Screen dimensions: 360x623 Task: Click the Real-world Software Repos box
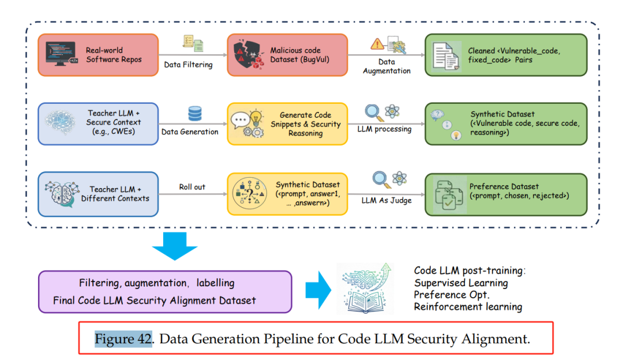click(x=98, y=55)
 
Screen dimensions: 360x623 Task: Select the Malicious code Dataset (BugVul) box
click(x=287, y=55)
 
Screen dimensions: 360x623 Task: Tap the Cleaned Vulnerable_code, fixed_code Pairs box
click(x=505, y=55)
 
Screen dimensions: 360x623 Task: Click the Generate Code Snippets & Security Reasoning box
click(x=287, y=124)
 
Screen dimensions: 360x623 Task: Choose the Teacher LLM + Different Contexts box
click(x=98, y=194)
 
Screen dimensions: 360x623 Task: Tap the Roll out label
click(x=192, y=187)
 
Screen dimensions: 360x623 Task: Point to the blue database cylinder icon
click(x=195, y=114)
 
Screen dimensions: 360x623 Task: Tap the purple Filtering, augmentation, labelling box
click(x=165, y=292)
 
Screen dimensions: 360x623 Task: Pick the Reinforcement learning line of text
click(x=468, y=307)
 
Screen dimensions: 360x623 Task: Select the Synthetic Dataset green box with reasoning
click(x=505, y=124)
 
